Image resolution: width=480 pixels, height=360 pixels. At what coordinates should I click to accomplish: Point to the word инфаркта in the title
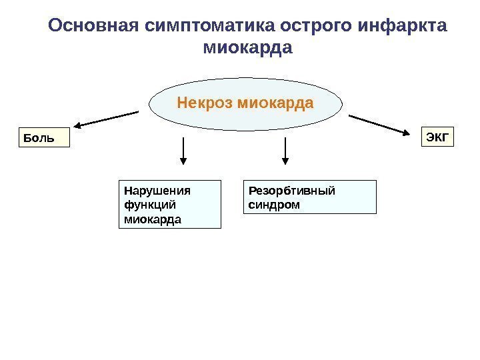tap(403, 26)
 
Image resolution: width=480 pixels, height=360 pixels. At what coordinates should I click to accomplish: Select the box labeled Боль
tap(43, 138)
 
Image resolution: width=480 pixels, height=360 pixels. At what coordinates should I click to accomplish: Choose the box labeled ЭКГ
tap(437, 137)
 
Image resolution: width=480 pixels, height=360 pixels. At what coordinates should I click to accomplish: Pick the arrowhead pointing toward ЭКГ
tap(408, 133)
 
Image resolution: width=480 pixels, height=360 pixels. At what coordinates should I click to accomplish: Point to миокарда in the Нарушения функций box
tap(151, 219)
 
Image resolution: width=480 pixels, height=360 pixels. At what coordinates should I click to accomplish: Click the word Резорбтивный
tap(292, 191)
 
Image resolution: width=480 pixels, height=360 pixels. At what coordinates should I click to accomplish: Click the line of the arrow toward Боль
tap(110, 118)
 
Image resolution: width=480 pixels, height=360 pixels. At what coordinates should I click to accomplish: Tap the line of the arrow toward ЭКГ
tap(377, 124)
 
